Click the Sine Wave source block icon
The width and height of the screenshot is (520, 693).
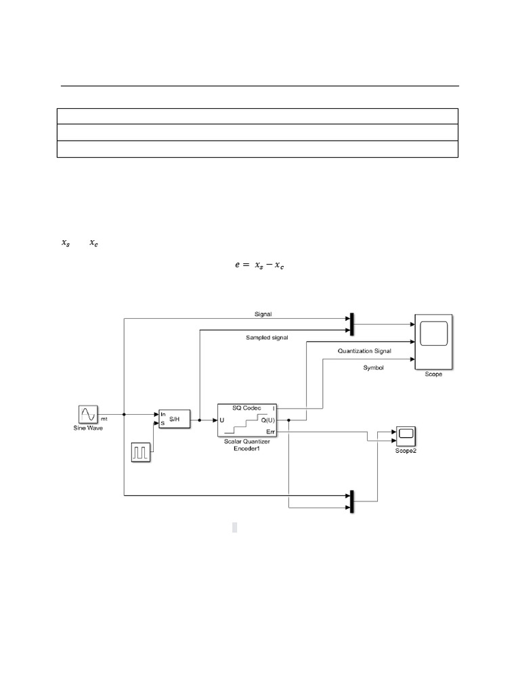point(89,413)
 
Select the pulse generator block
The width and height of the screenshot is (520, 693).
point(141,452)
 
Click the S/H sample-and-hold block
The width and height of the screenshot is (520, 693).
point(173,419)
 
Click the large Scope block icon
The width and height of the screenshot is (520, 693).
point(433,342)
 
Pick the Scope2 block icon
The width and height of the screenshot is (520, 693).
point(406,434)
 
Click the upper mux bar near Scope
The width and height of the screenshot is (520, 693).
point(352,324)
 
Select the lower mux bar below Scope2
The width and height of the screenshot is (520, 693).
point(352,501)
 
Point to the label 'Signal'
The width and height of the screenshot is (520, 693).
point(263,314)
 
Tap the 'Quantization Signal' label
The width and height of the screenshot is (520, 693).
point(364,351)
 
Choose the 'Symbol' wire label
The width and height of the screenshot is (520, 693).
point(374,367)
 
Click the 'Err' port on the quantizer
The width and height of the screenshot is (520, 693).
point(270,430)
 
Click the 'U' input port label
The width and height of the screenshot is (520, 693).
point(223,420)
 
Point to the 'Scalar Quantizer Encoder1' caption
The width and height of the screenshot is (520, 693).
point(246,444)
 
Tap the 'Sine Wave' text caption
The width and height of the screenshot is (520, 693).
point(88,428)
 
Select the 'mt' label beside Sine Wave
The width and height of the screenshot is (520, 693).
point(105,420)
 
